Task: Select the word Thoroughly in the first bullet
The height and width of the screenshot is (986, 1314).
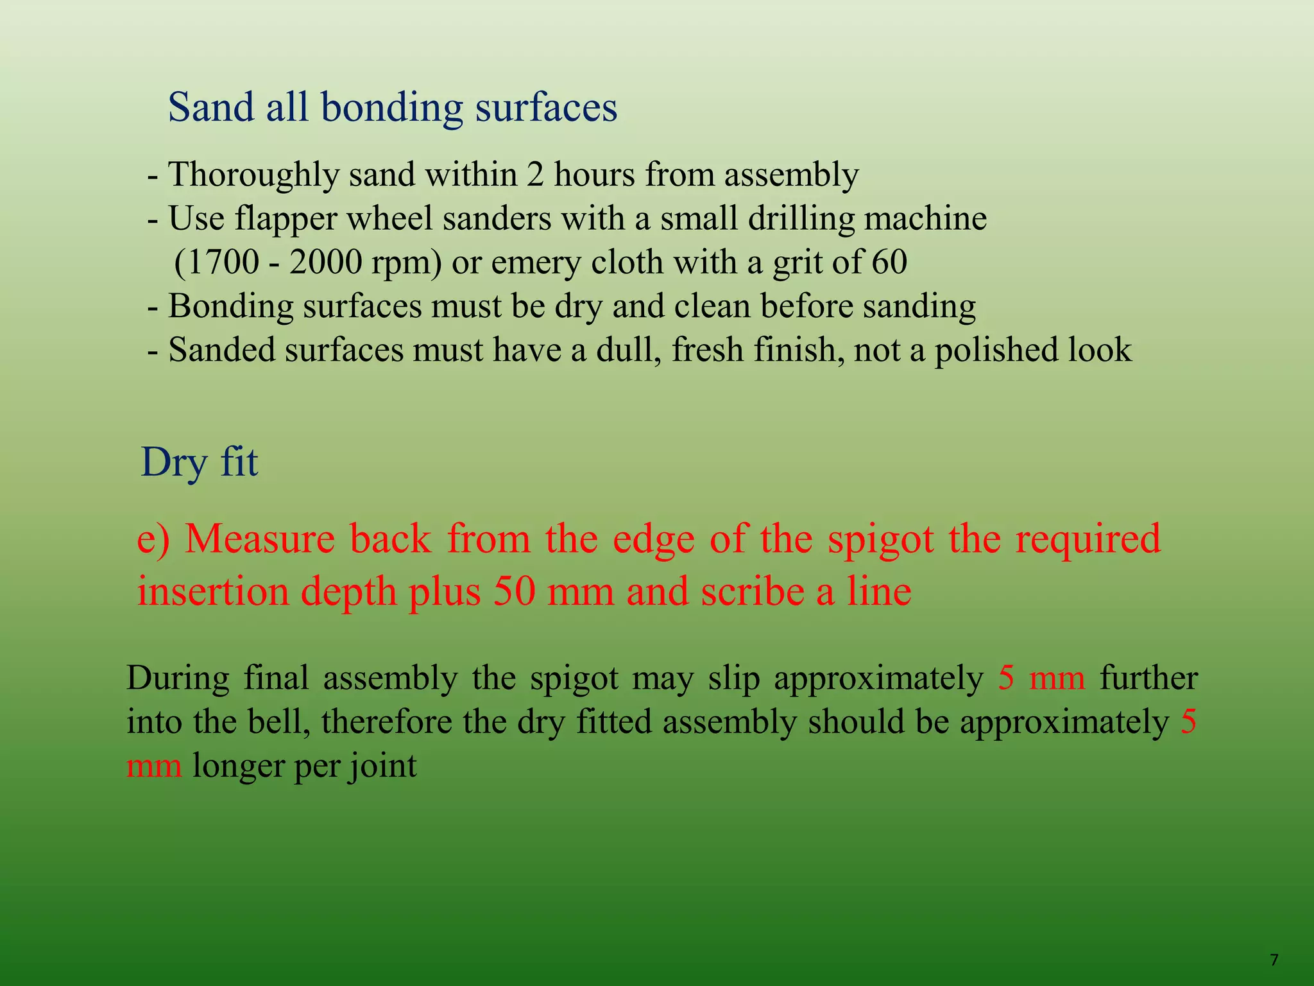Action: tap(253, 175)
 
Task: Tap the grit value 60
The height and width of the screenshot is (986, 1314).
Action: tap(889, 263)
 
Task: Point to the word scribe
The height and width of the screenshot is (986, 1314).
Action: tap(753, 591)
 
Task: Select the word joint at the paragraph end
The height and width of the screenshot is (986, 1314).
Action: tap(382, 766)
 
